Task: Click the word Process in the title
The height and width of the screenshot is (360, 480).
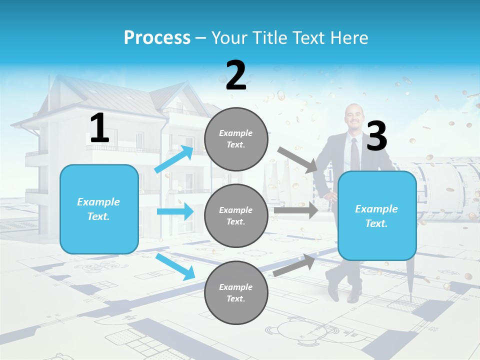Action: pos(157,38)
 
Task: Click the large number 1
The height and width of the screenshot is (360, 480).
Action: pos(99,128)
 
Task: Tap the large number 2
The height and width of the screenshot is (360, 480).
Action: pos(236,75)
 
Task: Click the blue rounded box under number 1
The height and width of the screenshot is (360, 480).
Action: pos(99,209)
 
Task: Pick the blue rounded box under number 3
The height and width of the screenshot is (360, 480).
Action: pos(377,216)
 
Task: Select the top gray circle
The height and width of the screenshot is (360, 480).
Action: pos(236,139)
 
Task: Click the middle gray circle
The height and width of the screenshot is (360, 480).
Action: pos(236,216)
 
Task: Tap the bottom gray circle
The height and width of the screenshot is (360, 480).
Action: pos(236,293)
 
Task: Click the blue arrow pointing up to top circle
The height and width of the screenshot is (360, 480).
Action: pos(174,159)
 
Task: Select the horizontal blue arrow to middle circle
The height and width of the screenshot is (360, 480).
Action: pos(175,211)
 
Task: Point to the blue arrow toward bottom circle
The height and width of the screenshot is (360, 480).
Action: pos(175,266)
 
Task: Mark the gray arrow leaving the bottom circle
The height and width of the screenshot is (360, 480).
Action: pos(294,265)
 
